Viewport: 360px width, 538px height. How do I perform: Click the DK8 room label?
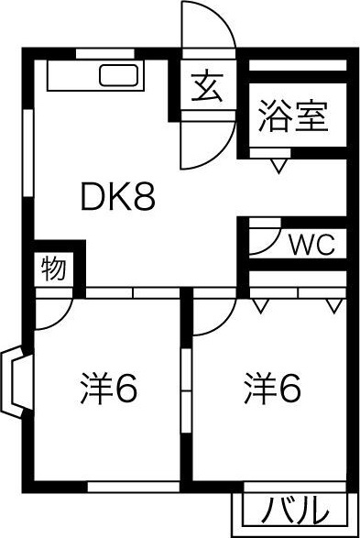point(118,196)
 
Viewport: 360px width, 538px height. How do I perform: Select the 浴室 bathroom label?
point(292,117)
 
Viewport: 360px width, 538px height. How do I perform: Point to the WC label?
point(312,245)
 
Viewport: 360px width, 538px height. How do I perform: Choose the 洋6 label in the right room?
point(272,391)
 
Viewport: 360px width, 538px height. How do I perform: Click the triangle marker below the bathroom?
point(278,166)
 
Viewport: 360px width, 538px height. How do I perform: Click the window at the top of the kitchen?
point(101,53)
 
